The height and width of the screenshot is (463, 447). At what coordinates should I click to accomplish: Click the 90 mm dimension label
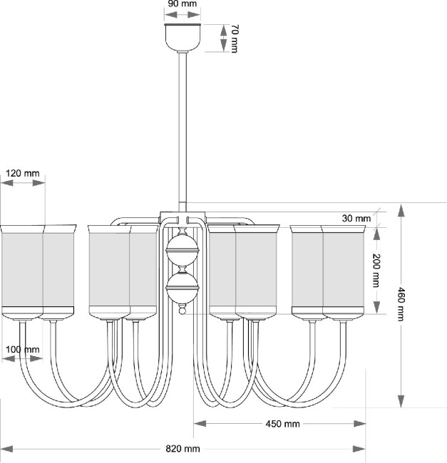point(183,4)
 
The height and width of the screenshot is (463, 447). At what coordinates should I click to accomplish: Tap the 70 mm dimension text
point(233,38)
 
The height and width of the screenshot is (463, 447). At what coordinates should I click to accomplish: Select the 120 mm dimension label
point(22,173)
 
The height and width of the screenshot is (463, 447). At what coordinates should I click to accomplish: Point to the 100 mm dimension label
point(22,349)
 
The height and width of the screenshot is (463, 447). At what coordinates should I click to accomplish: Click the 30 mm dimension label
point(356,218)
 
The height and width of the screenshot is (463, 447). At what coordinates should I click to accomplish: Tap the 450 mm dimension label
point(282,424)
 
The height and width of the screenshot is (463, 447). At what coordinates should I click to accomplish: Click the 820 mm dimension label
point(183,449)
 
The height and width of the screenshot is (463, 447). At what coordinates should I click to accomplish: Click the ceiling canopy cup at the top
point(183,37)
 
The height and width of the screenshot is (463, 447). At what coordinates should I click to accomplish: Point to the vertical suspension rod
point(183,128)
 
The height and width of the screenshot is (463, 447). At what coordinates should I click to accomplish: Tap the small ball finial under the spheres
point(183,311)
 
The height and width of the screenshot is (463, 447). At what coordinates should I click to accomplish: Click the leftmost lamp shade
point(21,271)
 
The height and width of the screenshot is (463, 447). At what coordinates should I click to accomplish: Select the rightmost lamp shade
point(344,271)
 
